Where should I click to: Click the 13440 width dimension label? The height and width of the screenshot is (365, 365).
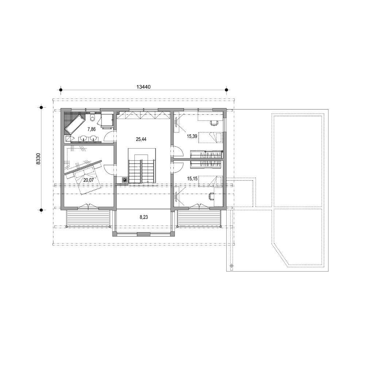[143, 87]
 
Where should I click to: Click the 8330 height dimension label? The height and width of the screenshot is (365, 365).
[38, 159]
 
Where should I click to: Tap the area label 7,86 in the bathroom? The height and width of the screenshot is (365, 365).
[92, 128]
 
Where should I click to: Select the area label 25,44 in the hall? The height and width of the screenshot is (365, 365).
[141, 139]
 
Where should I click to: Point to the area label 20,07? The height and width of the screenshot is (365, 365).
[88, 180]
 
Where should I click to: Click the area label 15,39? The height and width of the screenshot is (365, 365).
[192, 136]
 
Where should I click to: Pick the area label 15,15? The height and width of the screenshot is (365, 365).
[192, 179]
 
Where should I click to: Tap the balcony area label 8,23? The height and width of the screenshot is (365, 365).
[143, 217]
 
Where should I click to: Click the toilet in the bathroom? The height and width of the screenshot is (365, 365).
[93, 117]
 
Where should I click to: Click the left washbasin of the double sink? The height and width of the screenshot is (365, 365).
[84, 138]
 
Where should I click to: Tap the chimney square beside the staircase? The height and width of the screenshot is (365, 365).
[125, 180]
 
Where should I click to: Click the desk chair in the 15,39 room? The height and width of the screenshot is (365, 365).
[214, 122]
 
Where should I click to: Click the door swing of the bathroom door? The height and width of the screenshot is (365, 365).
[109, 137]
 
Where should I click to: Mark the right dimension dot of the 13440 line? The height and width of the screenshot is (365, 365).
[226, 90]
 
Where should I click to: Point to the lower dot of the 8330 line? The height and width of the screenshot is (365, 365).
[41, 210]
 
